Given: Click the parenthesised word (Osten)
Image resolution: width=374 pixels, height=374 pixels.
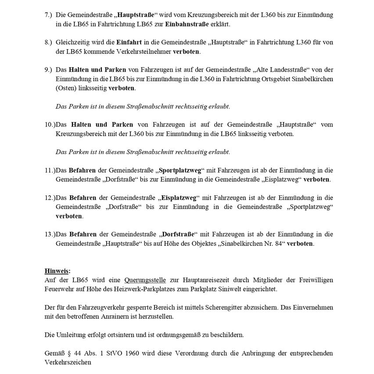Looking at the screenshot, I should coord(66,88).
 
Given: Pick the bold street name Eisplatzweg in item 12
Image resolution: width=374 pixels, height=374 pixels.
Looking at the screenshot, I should coord(178,198).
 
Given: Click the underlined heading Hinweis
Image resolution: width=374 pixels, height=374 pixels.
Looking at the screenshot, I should coord(57,271).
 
